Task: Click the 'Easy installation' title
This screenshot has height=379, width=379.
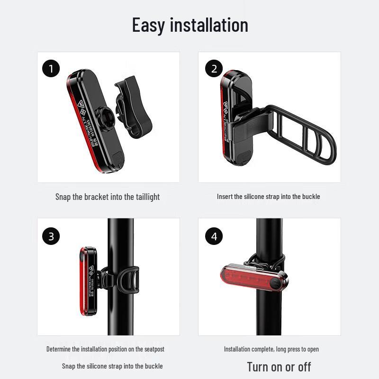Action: [x=189, y=25]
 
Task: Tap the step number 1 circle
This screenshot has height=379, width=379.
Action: [x=51, y=69]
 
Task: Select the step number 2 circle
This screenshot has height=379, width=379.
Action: [x=214, y=69]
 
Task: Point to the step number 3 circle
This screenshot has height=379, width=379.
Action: [x=51, y=236]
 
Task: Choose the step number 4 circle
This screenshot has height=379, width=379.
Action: [x=214, y=236]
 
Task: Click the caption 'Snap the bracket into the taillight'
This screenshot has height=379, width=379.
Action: [x=108, y=197]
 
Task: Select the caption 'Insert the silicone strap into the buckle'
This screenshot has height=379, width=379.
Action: [x=268, y=197]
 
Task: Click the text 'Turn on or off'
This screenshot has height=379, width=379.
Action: [x=279, y=366]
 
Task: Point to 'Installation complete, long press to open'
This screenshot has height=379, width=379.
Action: [x=271, y=349]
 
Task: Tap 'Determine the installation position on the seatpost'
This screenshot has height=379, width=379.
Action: [x=105, y=349]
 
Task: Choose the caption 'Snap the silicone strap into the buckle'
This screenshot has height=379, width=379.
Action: [x=112, y=366]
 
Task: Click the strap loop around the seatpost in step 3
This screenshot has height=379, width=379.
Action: [x=133, y=282]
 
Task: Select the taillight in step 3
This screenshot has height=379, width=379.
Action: [x=88, y=282]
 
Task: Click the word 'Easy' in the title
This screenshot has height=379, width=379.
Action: [x=149, y=25]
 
